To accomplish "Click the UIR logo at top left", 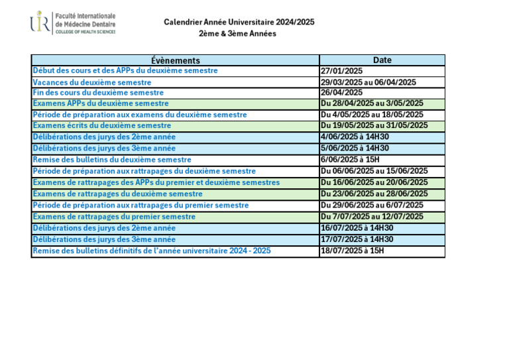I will [x=40, y=23].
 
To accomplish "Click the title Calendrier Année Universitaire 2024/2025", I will [x=239, y=23].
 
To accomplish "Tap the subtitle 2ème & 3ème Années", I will [x=237, y=34].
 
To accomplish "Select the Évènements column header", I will [x=175, y=60].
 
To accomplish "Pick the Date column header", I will [x=382, y=60].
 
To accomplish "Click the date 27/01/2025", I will [x=342, y=71].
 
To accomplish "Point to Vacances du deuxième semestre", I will [x=92, y=82].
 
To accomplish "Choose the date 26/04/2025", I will [x=342, y=93].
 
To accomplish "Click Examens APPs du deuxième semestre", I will [x=101, y=103].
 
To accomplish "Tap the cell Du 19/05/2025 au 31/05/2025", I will [x=374, y=125].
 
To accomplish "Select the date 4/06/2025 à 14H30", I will [x=355, y=137].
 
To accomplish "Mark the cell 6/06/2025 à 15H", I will [x=350, y=160].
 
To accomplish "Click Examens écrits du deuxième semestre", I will [x=102, y=125].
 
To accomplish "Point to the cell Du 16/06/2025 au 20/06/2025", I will [x=374, y=182].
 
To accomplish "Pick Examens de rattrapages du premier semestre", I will [x=114, y=217].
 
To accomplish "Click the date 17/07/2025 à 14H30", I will [x=357, y=239].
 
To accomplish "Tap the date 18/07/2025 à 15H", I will [x=352, y=251].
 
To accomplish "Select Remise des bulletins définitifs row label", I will [x=152, y=251].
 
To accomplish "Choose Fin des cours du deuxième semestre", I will [x=98, y=93].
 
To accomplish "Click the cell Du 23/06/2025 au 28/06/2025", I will [x=374, y=194].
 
